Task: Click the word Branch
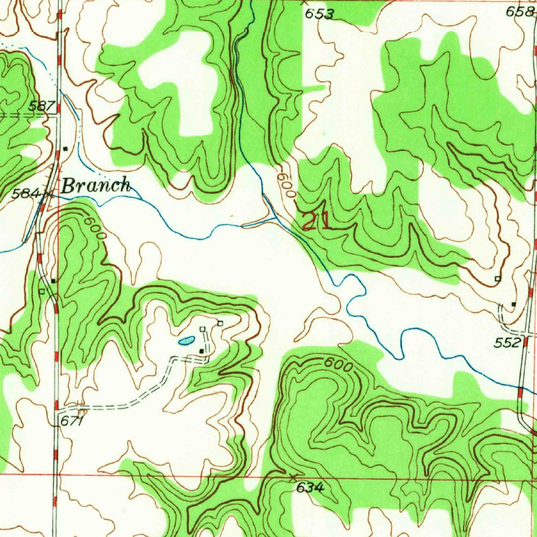95,185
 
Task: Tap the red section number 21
316,221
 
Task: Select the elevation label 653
319,14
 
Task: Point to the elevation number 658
520,12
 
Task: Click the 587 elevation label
42,106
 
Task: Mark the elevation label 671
72,421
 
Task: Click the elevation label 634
310,488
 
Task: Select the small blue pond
185,341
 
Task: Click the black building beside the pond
201,351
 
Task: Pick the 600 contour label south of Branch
96,229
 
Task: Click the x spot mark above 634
293,476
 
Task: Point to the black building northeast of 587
65,149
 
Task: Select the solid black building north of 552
513,304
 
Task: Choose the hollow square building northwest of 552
498,278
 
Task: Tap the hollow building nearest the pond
203,329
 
